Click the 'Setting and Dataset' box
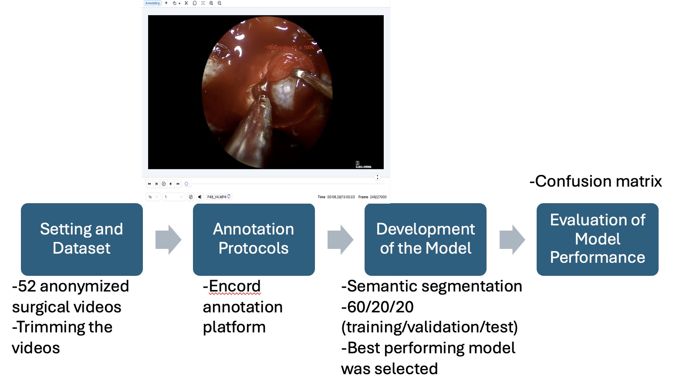pos(81,239)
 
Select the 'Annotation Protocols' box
pos(254,239)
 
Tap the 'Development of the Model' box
pos(425,239)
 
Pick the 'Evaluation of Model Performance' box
pos(597,239)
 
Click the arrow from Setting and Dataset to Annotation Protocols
pos(168,239)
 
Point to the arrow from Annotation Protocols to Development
pos(340,239)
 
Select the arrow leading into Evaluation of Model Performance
pos(512,239)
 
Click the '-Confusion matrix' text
pos(595,181)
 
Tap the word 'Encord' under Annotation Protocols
pos(234,286)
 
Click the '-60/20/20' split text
pos(377,307)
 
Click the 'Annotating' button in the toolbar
pos(152,3)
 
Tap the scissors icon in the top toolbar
pos(186,3)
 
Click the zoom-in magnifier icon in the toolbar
pos(211,3)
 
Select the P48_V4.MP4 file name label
pos(217,197)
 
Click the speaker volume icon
pos(200,197)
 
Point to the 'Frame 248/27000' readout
pos(372,197)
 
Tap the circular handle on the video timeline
pos(186,184)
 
